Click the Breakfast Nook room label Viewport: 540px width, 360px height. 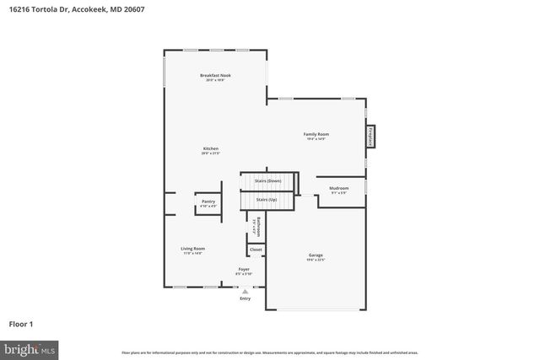coord(215,76)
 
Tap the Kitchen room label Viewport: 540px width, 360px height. coord(210,149)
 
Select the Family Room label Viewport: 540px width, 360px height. coord(316,135)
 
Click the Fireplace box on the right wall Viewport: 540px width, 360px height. coord(370,137)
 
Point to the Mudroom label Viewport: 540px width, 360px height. coord(338,189)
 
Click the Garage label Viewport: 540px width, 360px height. coord(316,255)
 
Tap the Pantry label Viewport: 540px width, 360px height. coord(208,201)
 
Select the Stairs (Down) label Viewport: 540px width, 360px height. coord(267,180)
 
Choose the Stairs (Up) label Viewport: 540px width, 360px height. coord(267,199)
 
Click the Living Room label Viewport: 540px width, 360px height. coord(192,249)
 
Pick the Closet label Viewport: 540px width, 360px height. coord(256,250)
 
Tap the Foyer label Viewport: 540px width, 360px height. coord(243,269)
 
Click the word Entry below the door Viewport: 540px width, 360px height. coord(245,298)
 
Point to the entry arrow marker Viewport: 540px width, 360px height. coord(245,290)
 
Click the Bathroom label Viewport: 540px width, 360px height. coord(257,226)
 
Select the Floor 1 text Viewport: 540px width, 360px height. coord(21,323)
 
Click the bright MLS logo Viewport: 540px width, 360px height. coord(30,348)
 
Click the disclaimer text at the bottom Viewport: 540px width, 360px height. coord(269,352)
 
